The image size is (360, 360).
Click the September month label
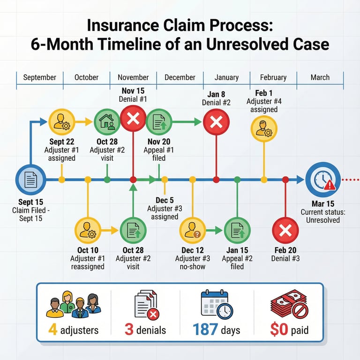39,77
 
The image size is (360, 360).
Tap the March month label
320,77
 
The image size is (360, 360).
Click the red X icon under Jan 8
216,122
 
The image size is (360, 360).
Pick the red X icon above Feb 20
285,231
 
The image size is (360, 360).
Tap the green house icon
107,122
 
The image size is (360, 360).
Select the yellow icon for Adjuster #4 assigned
264,128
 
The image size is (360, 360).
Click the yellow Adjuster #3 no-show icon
193,231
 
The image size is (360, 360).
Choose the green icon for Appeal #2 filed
237,231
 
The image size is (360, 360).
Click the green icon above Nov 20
159,122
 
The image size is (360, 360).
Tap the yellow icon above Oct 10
88,231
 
